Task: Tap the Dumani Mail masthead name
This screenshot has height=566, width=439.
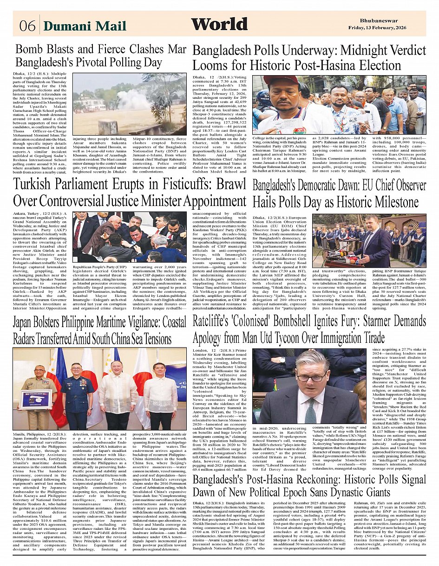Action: click(85, 26)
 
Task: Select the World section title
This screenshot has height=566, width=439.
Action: click(219, 25)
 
